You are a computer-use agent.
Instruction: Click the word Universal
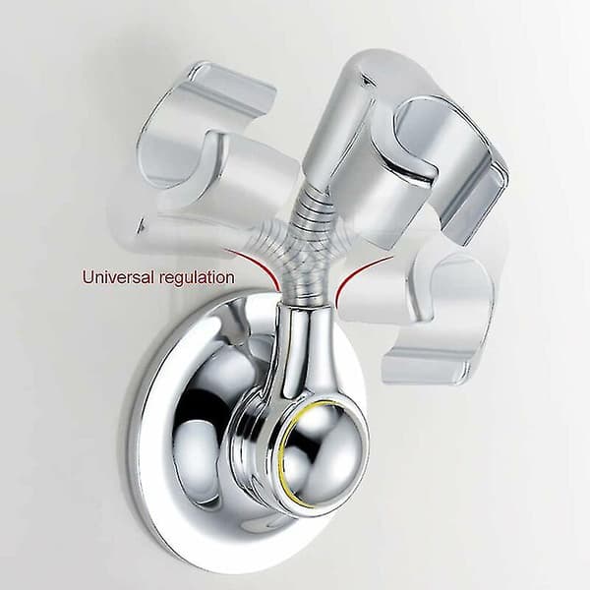pyautogui.click(x=118, y=277)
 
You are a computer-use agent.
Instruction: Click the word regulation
pyautogui.click(x=197, y=278)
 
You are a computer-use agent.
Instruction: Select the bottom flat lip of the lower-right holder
pyautogui.click(x=425, y=367)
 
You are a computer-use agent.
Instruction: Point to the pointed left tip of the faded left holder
pyautogui.click(x=140, y=229)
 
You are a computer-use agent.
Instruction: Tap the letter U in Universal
pyautogui.click(x=88, y=277)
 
